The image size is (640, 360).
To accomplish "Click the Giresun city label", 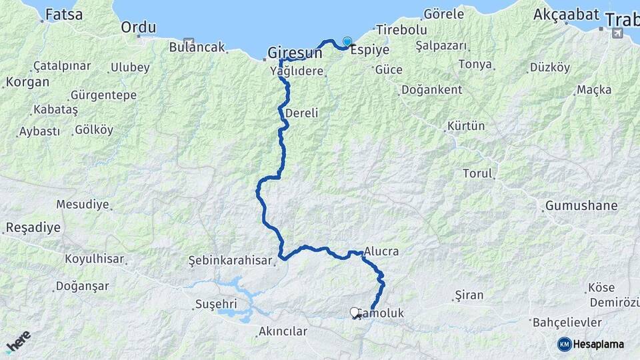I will pyautogui.click(x=295, y=53).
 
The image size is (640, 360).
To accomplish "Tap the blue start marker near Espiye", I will pyautogui.click(x=347, y=41).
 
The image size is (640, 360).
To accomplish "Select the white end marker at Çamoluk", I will pyautogui.click(x=355, y=312).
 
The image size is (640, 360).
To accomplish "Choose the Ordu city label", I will pyautogui.click(x=139, y=27).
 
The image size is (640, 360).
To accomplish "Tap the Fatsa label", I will pyautogui.click(x=64, y=14).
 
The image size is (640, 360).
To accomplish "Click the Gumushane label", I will pyautogui.click(x=581, y=205).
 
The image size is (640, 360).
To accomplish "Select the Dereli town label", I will pyautogui.click(x=301, y=113).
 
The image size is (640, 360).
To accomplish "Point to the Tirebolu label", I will pyautogui.click(x=401, y=29).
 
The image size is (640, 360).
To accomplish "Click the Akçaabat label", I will pyautogui.click(x=566, y=15).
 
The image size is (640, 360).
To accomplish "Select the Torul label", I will pyautogui.click(x=477, y=173).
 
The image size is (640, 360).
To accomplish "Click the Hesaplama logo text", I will pyautogui.click(x=599, y=344).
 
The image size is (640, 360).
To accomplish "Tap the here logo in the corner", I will pyautogui.click(x=18, y=341).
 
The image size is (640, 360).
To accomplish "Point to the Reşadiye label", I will pyautogui.click(x=33, y=227).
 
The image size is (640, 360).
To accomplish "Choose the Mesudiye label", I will pyautogui.click(x=83, y=204).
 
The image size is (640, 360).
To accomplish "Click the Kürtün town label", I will pyautogui.click(x=466, y=125).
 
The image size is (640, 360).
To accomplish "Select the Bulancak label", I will pyautogui.click(x=197, y=47).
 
